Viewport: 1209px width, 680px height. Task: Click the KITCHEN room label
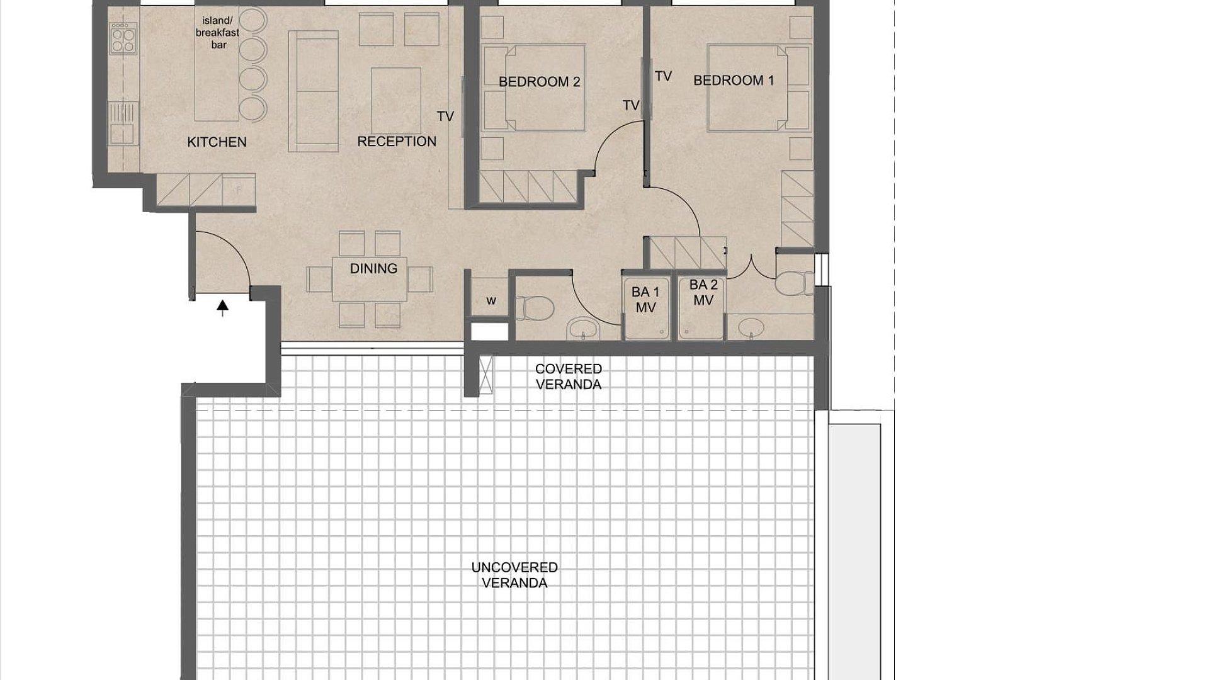[217, 142]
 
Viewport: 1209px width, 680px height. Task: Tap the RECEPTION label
[397, 142]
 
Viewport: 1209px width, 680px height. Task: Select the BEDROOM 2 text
[539, 82]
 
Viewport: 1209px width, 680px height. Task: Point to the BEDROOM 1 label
[734, 81]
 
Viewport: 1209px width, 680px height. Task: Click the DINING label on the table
[373, 269]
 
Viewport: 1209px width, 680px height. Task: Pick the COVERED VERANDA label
[569, 377]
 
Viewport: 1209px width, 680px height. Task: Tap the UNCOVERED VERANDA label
[514, 575]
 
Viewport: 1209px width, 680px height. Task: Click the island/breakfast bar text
[218, 33]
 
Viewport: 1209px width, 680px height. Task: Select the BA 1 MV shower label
[645, 300]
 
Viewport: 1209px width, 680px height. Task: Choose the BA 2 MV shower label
[703, 293]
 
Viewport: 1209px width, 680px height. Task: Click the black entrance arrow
[222, 307]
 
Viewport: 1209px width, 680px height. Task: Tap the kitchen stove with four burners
[123, 38]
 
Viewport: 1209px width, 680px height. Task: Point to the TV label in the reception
[445, 116]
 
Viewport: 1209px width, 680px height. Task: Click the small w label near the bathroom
[491, 301]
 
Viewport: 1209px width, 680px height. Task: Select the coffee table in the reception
[396, 101]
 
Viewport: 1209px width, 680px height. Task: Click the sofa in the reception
[314, 91]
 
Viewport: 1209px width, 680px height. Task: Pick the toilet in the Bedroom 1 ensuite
[795, 283]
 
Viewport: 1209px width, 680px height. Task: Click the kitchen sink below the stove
[123, 123]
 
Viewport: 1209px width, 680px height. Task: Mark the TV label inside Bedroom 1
[663, 76]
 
